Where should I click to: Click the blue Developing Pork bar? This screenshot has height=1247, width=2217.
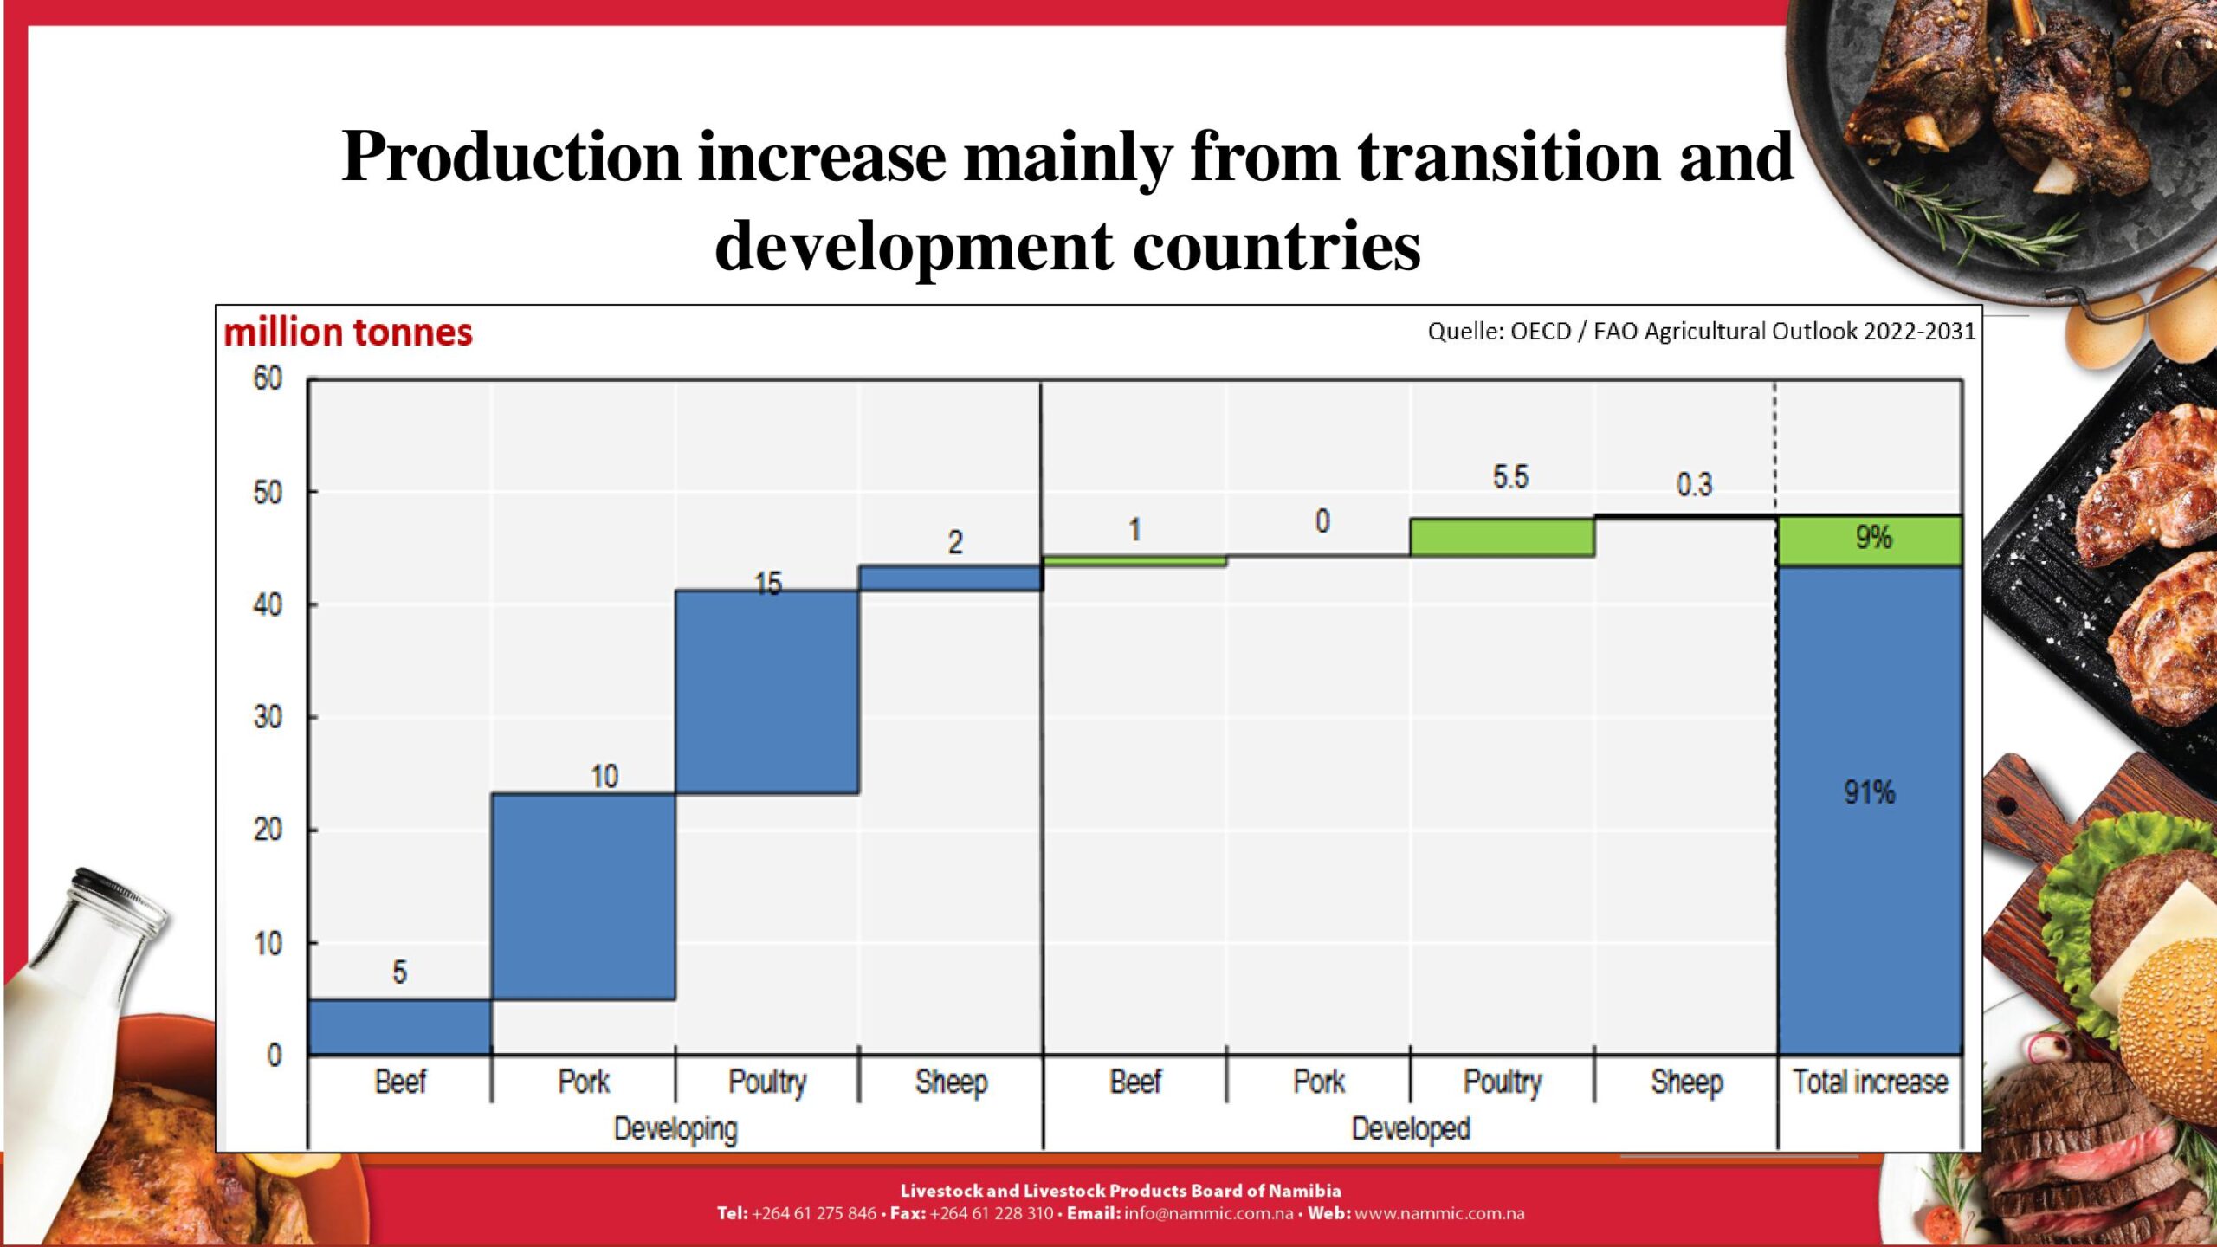[583, 896]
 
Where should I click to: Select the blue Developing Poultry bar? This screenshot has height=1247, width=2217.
[767, 692]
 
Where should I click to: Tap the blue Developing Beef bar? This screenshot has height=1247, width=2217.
[399, 1027]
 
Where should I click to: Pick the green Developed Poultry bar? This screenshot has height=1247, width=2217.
[1502, 537]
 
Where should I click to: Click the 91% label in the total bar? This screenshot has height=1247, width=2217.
[1869, 792]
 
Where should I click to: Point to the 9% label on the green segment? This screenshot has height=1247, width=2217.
[1873, 538]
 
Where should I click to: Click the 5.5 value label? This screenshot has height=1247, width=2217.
[1510, 477]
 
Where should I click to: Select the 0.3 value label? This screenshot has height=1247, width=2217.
[1694, 485]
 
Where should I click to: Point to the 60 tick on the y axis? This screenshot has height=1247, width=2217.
[268, 379]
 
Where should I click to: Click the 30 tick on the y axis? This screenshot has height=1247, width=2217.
[268, 717]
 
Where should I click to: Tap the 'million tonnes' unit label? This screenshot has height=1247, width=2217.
[348, 333]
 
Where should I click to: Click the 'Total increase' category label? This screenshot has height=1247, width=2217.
[1870, 1082]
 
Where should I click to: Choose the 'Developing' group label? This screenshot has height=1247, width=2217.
[675, 1129]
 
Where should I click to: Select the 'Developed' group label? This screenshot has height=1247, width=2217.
[1411, 1129]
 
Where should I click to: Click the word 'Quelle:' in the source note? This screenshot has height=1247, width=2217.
[1466, 332]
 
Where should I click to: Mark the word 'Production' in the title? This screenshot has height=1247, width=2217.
[512, 157]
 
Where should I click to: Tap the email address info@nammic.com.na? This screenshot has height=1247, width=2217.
[1208, 1214]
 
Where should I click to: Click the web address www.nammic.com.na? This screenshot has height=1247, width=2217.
[1438, 1214]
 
